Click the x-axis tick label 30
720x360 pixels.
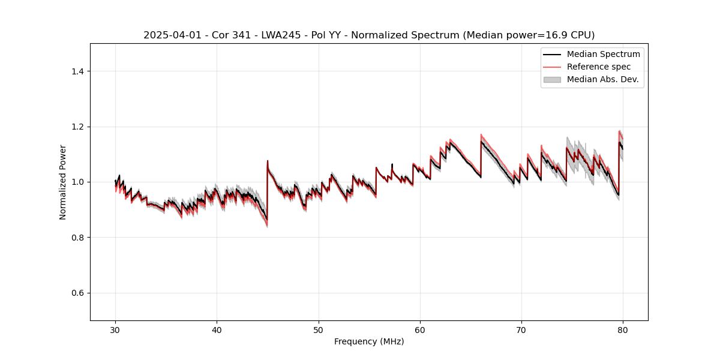pos(115,330)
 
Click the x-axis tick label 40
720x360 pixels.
pos(217,330)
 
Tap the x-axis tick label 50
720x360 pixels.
pos(319,330)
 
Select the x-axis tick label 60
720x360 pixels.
pos(420,330)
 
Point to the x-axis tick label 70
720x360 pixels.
pos(521,330)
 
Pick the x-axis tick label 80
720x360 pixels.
pos(623,330)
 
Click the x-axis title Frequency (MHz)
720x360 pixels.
pos(369,342)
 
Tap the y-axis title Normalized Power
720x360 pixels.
pos(63,182)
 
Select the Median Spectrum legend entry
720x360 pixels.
pos(603,55)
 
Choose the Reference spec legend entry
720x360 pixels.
pos(599,67)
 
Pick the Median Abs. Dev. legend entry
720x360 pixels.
pos(602,79)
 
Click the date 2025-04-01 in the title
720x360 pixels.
pos(170,35)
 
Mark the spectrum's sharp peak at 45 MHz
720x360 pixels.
pos(268,161)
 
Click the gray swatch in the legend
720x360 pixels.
pos(552,79)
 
